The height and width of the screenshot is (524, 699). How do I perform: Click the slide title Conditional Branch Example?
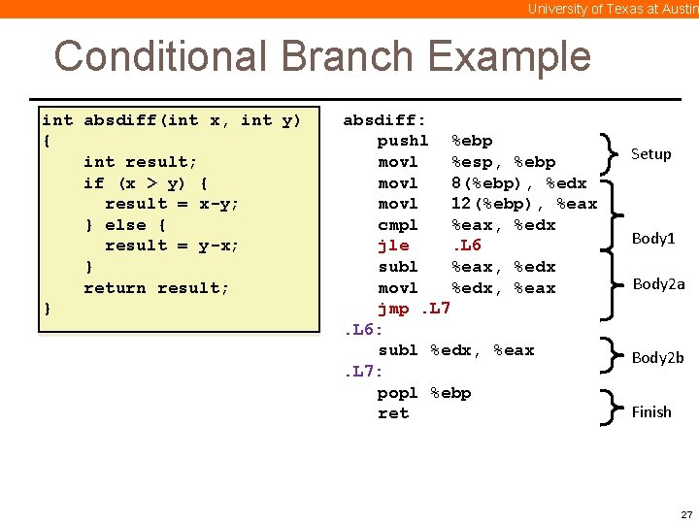point(321,56)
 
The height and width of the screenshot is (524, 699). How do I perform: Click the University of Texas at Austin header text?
point(612,9)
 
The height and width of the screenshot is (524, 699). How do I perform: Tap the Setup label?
point(650,153)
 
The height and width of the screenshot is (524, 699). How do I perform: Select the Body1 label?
point(652,238)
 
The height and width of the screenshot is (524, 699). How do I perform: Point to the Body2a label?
point(658,284)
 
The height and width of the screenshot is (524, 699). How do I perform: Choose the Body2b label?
point(657,357)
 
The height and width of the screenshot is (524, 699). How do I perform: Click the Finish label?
point(650,411)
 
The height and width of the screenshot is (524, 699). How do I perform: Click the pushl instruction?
point(402,141)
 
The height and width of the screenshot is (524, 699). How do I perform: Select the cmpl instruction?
point(397,225)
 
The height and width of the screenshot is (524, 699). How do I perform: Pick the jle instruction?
point(393,246)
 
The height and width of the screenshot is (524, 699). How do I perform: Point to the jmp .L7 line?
point(414,309)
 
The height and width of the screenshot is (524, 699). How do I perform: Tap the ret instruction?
point(392,413)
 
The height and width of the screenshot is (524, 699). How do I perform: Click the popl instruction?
point(397,393)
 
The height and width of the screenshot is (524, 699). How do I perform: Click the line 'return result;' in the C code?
point(156,288)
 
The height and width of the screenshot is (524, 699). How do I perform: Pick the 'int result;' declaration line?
point(140,162)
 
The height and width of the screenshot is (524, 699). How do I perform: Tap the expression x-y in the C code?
point(218,204)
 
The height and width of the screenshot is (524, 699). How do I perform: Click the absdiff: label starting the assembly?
point(384,120)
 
